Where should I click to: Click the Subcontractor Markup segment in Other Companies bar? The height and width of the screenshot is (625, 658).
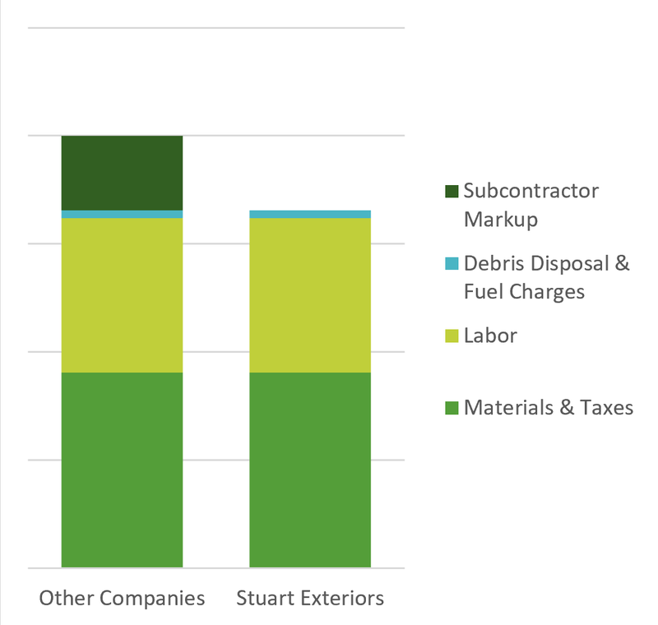click(122, 173)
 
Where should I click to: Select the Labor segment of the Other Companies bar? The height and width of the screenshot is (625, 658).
click(122, 295)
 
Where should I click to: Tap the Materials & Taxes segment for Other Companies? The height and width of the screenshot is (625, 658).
click(122, 470)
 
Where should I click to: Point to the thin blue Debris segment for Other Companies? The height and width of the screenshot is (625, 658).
click(122, 215)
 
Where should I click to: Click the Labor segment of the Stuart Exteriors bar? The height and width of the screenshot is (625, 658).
click(310, 295)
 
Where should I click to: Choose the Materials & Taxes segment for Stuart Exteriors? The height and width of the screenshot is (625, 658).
click(310, 470)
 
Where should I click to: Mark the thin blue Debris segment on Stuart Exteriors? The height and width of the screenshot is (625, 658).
click(310, 215)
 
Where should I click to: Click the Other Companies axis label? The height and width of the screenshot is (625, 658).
click(122, 598)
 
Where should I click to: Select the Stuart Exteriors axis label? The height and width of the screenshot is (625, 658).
click(310, 598)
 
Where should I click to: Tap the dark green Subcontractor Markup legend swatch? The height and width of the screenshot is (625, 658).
click(451, 192)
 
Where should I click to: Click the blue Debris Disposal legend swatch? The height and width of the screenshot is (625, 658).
click(451, 264)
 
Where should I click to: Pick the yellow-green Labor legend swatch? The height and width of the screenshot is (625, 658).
click(451, 336)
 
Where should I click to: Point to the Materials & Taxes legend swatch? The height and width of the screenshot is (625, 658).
click(451, 407)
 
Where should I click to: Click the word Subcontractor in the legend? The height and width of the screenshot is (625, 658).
click(531, 191)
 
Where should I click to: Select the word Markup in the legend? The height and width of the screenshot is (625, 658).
click(501, 220)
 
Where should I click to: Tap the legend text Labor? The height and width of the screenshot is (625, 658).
click(490, 336)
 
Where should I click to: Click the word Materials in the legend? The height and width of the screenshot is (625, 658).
click(503, 407)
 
